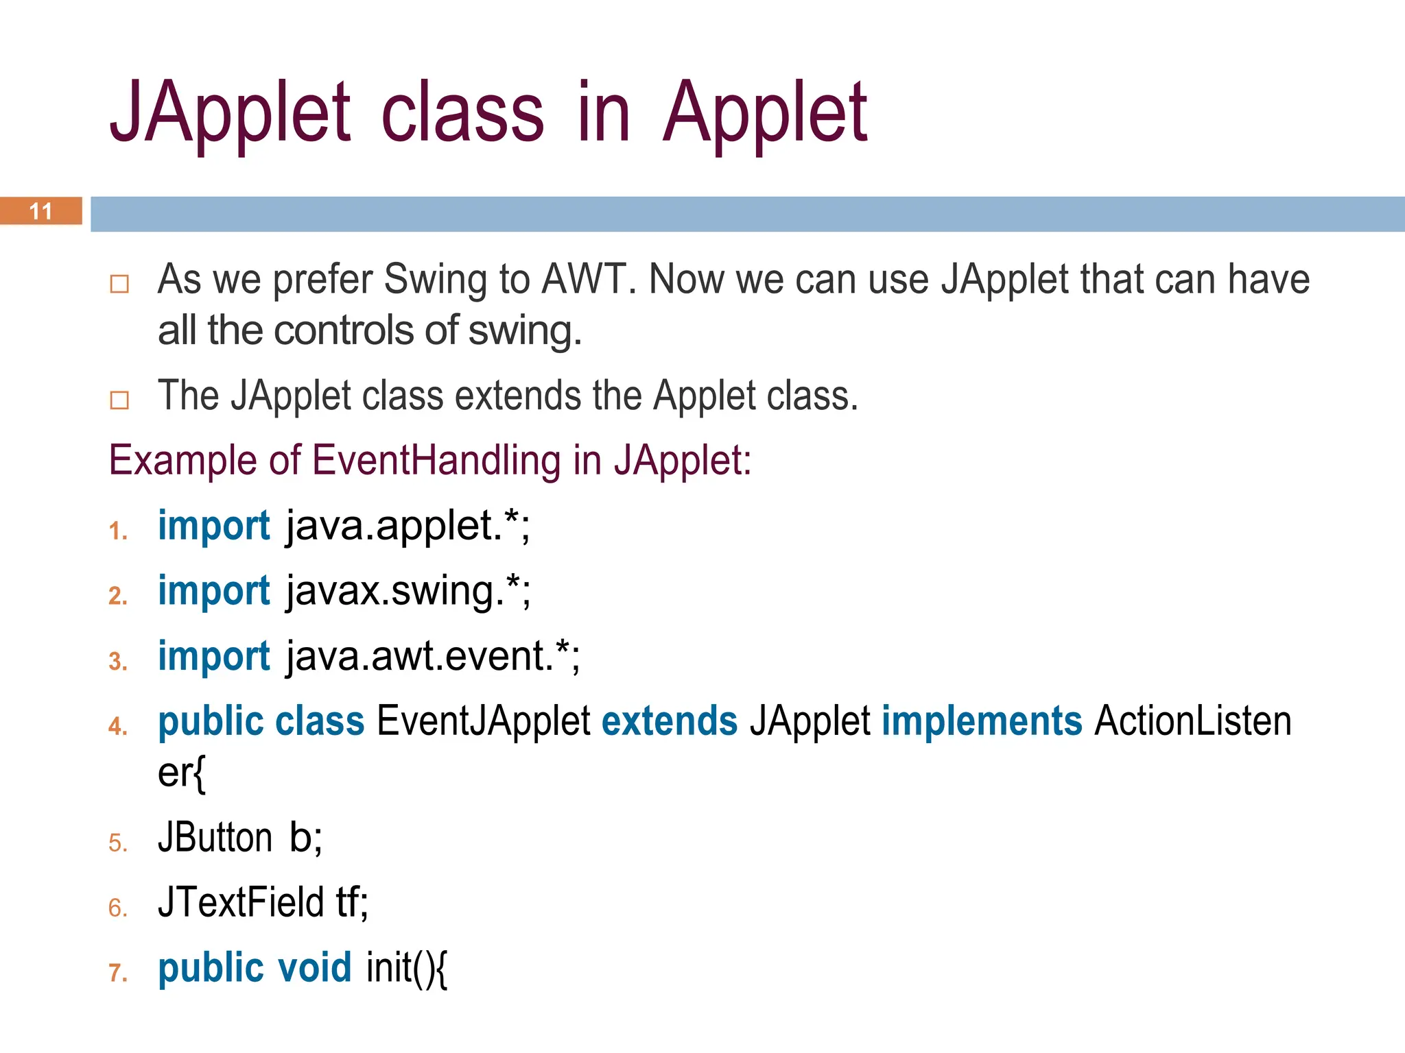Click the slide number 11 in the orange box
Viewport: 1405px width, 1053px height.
click(x=41, y=211)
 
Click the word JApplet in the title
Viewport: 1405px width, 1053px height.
click(x=230, y=113)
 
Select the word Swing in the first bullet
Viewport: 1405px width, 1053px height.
click(x=435, y=280)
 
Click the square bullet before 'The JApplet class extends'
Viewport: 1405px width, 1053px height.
click(x=119, y=400)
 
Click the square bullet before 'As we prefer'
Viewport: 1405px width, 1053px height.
click(x=119, y=283)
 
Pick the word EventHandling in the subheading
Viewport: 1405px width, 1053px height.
click(x=436, y=460)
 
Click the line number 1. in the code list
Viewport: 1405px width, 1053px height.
click(x=118, y=531)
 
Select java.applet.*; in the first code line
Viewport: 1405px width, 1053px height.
click(x=408, y=526)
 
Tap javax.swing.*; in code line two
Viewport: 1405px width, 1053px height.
click(x=408, y=592)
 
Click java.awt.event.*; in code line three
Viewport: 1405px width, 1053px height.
click(x=433, y=657)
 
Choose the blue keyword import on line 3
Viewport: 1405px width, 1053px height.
click(x=214, y=657)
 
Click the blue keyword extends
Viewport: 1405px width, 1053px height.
click(x=669, y=721)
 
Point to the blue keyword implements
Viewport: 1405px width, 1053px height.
click(x=982, y=721)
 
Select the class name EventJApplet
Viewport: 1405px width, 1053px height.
click(x=483, y=721)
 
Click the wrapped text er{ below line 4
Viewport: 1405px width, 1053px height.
click(x=181, y=773)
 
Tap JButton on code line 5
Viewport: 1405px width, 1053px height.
click(x=215, y=838)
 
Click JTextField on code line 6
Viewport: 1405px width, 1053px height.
click(x=240, y=902)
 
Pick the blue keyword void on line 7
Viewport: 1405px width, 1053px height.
click(x=314, y=967)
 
